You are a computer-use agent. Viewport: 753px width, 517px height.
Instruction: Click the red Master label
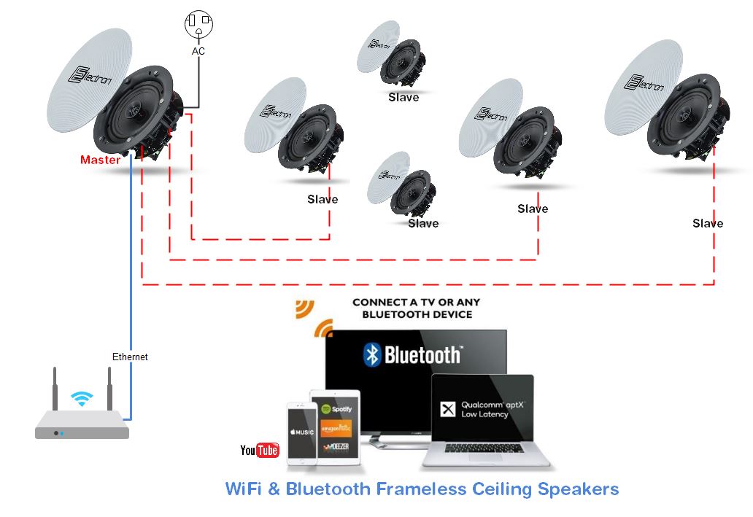click(x=100, y=160)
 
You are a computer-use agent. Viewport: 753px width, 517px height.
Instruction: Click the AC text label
click(x=198, y=52)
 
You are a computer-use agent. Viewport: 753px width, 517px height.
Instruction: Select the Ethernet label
click(x=130, y=357)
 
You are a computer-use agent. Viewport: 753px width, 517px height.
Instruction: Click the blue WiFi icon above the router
click(x=82, y=398)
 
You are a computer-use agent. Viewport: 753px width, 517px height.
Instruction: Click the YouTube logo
click(x=260, y=451)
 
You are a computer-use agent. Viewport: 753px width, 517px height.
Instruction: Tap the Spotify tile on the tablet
click(x=336, y=409)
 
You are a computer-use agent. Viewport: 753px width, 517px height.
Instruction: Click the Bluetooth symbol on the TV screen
click(x=373, y=354)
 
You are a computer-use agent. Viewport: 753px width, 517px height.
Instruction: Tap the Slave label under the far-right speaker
click(x=707, y=223)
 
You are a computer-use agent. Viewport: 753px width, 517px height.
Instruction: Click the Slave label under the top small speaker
click(x=403, y=97)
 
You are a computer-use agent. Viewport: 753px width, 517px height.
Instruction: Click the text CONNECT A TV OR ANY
click(x=417, y=302)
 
